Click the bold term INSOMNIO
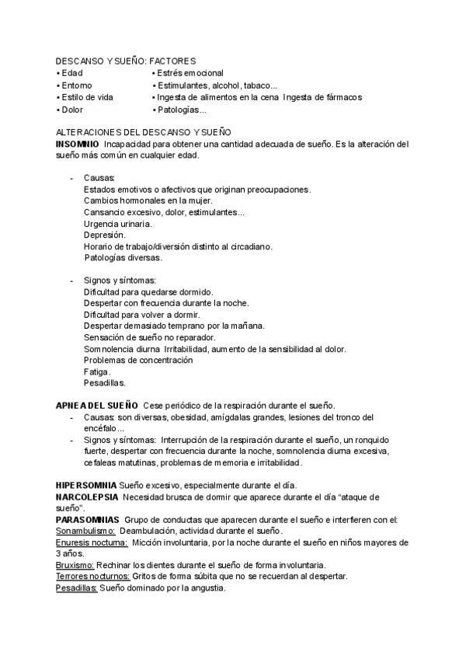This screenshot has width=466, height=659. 77,144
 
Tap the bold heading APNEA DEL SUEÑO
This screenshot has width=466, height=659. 96,406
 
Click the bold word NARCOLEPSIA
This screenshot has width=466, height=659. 87,496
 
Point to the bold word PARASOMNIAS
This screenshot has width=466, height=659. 87,519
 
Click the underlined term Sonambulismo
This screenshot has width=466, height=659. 85,531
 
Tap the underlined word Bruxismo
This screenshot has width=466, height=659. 75,565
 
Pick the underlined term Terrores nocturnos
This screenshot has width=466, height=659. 92,577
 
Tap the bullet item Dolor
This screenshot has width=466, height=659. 72,110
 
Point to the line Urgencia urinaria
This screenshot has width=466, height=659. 117,224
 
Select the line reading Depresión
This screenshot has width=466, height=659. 104,235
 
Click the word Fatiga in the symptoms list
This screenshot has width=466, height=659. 96,371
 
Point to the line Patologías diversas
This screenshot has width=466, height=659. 122,257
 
